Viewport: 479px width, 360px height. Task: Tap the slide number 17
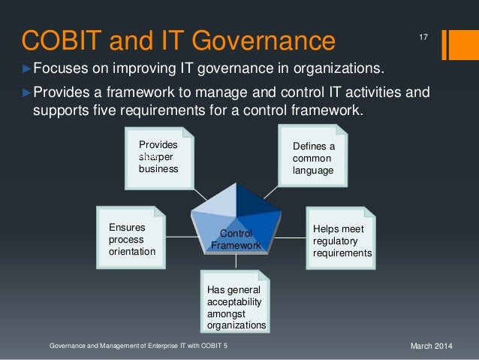pos(422,37)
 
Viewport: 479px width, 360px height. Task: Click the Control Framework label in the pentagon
pos(236,240)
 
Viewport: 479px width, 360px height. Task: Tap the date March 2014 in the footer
pos(433,346)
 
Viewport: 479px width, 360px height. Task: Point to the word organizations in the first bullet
pos(337,71)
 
